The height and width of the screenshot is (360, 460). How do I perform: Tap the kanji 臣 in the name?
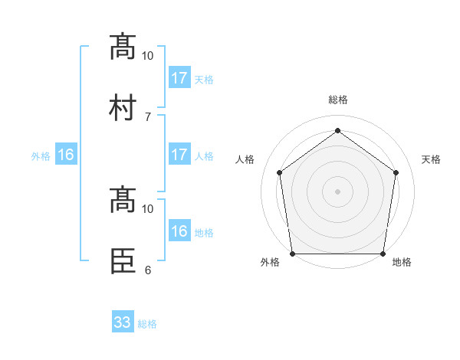(123, 260)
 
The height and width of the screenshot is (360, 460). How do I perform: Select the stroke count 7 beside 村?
(147, 116)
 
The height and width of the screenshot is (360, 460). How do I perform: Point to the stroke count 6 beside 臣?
(147, 270)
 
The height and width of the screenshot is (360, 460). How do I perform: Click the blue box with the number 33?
(123, 322)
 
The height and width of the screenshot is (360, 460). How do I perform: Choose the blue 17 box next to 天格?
(179, 78)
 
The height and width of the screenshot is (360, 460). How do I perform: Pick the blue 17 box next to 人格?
(179, 155)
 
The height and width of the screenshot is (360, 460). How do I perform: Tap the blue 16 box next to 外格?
(66, 155)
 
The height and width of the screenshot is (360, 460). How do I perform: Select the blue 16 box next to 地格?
(179, 231)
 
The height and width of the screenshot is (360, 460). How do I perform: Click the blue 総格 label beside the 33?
(147, 324)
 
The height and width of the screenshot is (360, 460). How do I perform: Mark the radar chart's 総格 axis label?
(337, 100)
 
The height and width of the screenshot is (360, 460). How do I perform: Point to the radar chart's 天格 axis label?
(432, 159)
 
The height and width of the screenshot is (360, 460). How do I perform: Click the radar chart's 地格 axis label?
(402, 262)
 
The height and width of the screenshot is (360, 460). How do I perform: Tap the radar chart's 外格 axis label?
(270, 262)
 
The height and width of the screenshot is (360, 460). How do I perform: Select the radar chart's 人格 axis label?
(245, 159)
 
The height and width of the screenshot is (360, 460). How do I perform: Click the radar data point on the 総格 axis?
(337, 131)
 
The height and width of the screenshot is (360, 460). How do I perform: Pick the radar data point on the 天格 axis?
(396, 172)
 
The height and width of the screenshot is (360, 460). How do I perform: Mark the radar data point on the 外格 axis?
(293, 254)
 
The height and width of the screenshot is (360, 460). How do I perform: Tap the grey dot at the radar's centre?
(337, 191)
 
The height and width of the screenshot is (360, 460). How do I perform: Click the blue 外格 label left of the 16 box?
(41, 156)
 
